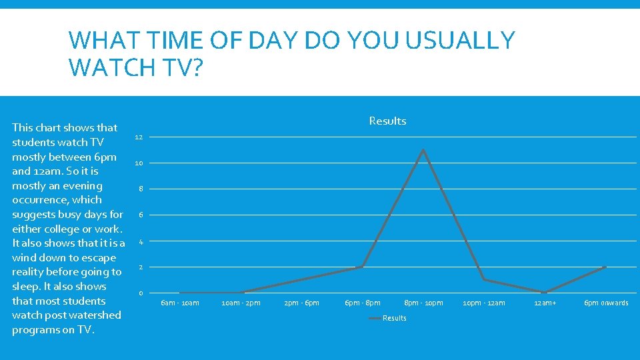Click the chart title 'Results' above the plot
[x=387, y=121]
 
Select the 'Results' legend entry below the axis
[x=394, y=318]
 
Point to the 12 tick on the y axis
[x=139, y=137]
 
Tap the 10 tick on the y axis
[x=139, y=163]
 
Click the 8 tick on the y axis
[x=140, y=189]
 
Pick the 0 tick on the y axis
[x=140, y=293]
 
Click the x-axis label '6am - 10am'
[x=180, y=303]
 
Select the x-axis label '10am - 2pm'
[x=241, y=303]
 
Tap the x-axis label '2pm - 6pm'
[x=301, y=303]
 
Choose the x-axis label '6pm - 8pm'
[x=362, y=303]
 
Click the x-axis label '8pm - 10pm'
[x=423, y=303]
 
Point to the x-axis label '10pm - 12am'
[x=484, y=303]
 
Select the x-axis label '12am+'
[x=545, y=303]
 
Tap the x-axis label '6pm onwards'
[x=606, y=303]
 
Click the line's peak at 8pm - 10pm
[x=423, y=150]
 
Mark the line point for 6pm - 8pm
[x=362, y=267]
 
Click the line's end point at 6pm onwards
[x=605, y=267]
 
